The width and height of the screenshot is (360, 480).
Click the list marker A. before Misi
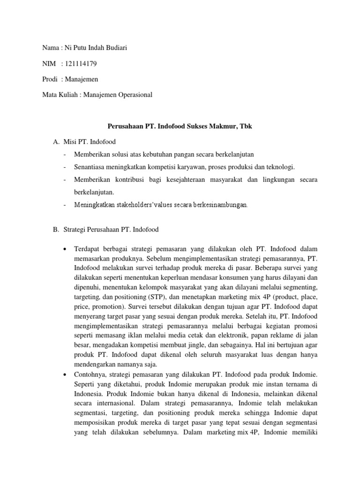(x=54, y=142)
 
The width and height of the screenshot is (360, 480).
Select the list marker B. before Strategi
(x=54, y=230)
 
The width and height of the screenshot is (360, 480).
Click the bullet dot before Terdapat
(x=63, y=248)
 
